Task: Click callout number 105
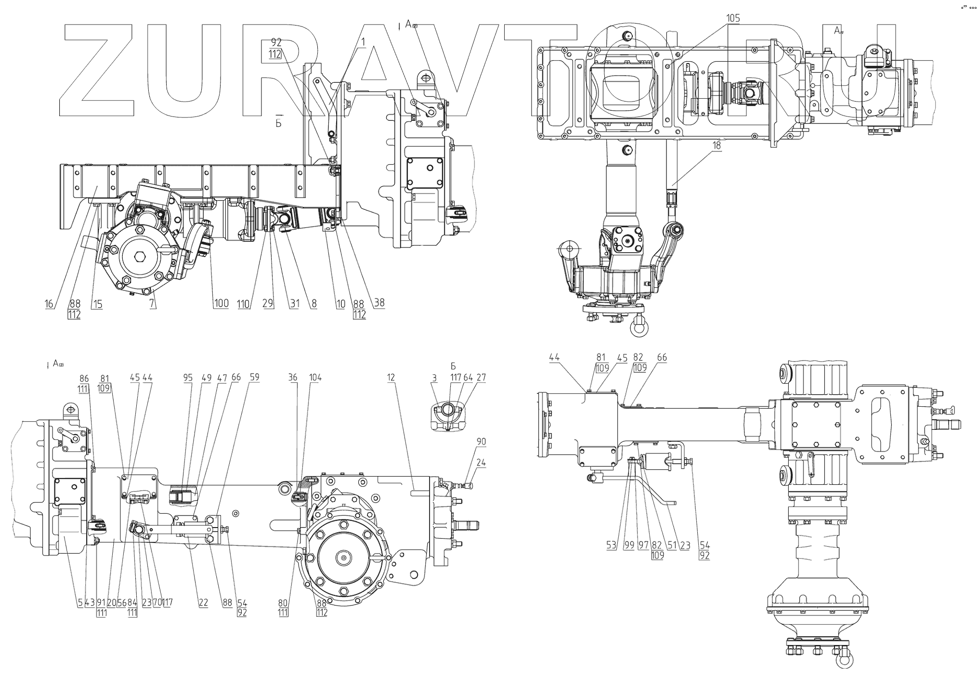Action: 733,18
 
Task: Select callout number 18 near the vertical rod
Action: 717,145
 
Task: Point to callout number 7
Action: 153,304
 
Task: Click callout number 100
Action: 222,304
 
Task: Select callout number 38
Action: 379,303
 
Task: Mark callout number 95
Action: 188,378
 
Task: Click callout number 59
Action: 254,378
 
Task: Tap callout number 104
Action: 315,378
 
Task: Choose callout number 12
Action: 391,378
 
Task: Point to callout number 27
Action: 481,378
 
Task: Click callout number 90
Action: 481,441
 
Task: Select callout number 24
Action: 481,463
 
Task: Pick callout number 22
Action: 203,603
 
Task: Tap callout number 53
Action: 611,545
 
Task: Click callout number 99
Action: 629,545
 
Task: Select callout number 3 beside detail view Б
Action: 434,378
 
